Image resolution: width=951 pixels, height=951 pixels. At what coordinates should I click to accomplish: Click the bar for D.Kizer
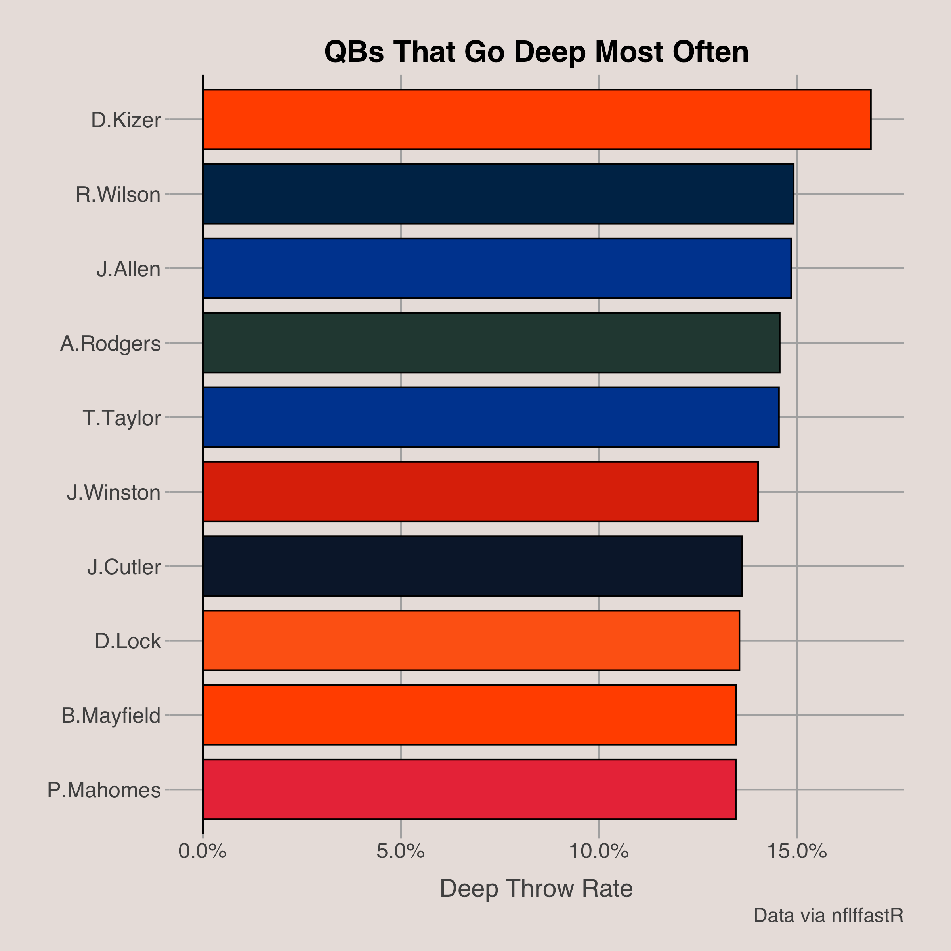tap(537, 119)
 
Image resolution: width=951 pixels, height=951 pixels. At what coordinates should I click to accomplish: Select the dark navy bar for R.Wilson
tap(498, 194)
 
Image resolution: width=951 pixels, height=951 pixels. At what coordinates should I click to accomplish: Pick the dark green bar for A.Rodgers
tap(491, 343)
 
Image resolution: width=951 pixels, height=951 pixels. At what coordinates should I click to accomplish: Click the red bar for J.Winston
tap(480, 491)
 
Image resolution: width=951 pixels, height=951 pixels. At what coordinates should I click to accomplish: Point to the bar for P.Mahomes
tap(469, 789)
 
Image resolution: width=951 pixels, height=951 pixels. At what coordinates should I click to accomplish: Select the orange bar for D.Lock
tap(471, 640)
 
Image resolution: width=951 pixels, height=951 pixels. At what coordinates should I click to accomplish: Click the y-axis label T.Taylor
tap(122, 418)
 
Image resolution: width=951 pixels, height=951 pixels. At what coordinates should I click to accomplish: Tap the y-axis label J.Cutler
tap(124, 567)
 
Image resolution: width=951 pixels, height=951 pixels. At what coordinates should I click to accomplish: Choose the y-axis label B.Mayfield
tap(111, 716)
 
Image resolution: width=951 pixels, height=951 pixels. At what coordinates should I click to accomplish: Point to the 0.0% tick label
tap(202, 851)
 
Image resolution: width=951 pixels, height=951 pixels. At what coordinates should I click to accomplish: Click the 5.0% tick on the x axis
tap(400, 851)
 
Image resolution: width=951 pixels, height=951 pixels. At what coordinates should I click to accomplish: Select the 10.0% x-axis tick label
tap(599, 851)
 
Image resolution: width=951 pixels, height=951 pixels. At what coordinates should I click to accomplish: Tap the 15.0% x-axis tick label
tap(796, 851)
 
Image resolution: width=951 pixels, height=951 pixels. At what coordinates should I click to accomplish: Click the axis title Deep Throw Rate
tap(536, 889)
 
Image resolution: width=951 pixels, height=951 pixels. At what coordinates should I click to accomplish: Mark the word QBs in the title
tap(354, 52)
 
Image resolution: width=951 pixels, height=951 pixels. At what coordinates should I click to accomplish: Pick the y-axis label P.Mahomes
tap(104, 790)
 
